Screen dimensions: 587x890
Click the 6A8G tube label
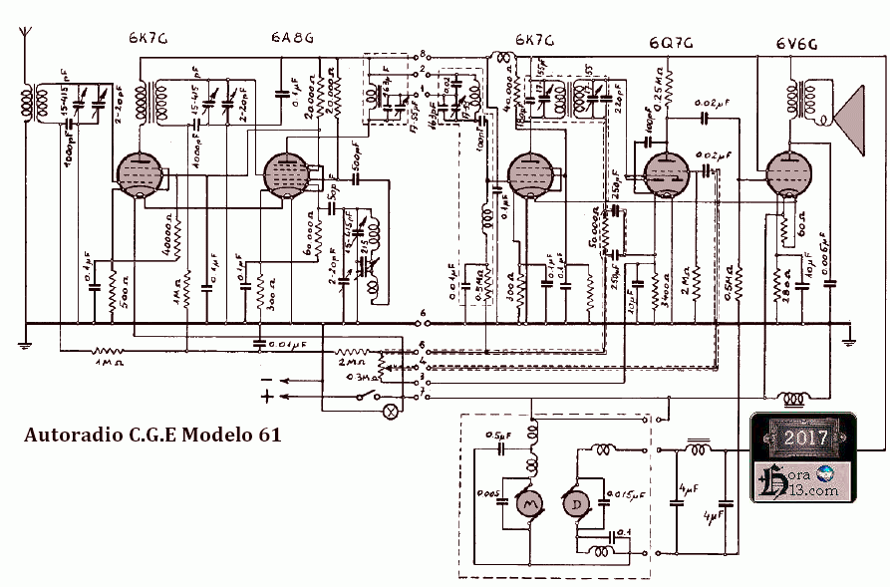[x=292, y=39]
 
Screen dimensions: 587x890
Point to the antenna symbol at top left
[x=24, y=45]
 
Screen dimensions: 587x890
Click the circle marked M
[x=526, y=505]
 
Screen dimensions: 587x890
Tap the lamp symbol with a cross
[x=392, y=409]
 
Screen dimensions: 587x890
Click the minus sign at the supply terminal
[x=266, y=381]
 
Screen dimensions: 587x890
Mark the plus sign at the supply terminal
[x=266, y=397]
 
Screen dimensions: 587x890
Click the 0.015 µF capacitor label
[x=627, y=492]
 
